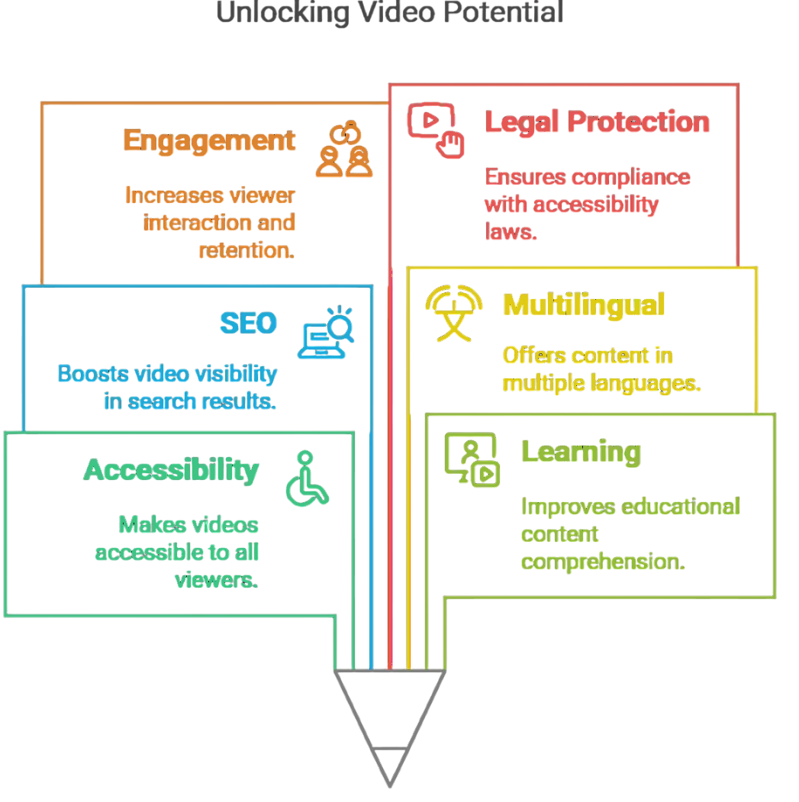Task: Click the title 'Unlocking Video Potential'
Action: [389, 12]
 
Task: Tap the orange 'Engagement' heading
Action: [209, 141]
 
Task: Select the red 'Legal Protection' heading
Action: [597, 122]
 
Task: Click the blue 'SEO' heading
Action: [248, 324]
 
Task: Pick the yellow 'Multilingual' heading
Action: [584, 305]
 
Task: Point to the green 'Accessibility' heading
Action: [171, 470]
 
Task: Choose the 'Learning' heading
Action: [581, 452]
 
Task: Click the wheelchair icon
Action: [307, 478]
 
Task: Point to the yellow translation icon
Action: [453, 312]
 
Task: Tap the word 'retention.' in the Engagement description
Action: [246, 250]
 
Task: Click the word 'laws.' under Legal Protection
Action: [511, 232]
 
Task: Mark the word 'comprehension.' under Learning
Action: [603, 562]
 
